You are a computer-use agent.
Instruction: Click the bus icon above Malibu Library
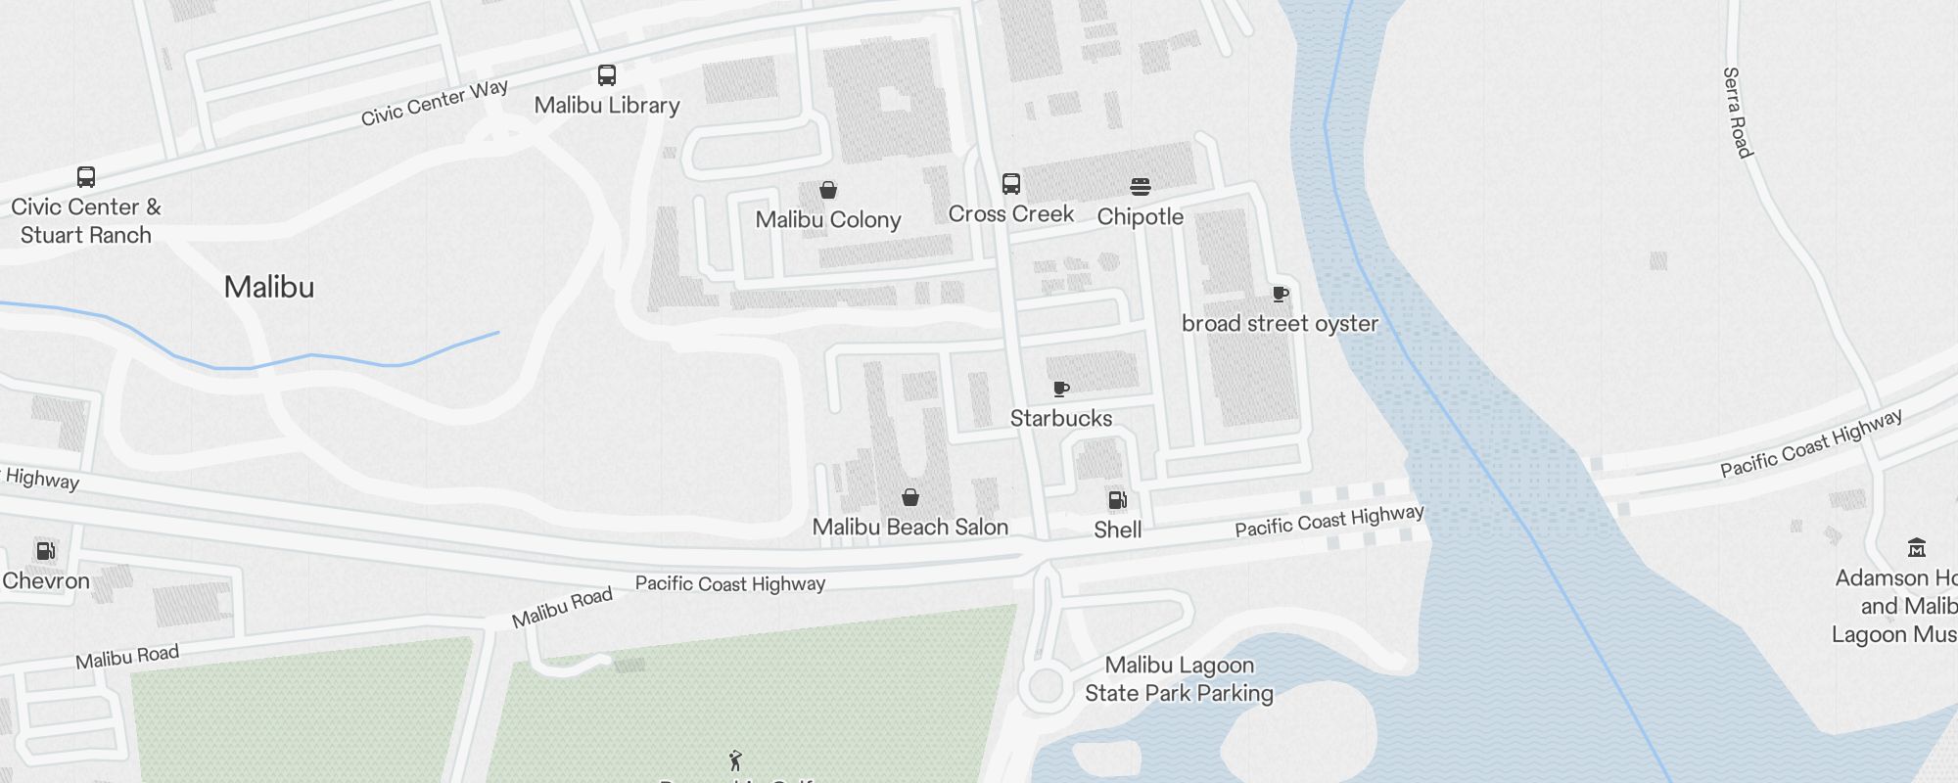[607, 75]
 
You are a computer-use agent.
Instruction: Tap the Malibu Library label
[607, 105]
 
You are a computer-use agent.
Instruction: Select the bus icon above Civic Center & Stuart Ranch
[86, 177]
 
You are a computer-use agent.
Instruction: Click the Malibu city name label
[269, 287]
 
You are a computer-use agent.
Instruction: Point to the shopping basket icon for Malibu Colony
[828, 190]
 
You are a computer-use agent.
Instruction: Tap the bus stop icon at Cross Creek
[1011, 184]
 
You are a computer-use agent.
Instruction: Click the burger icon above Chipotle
[1141, 187]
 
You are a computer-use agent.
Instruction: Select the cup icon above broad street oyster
[1280, 294]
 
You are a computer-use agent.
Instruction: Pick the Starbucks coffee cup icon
[1061, 389]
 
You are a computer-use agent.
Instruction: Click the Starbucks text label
[1061, 418]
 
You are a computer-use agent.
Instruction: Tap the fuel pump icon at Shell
[1117, 500]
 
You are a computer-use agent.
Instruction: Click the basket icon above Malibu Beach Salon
[910, 497]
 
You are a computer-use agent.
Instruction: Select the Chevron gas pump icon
[45, 550]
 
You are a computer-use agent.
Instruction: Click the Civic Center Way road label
[435, 103]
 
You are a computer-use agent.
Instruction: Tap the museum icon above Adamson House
[1917, 547]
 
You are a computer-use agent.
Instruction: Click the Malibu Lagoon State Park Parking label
[1179, 679]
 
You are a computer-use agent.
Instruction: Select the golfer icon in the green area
[736, 760]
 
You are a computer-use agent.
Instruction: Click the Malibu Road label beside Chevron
[127, 656]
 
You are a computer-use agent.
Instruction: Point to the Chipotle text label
[1141, 216]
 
